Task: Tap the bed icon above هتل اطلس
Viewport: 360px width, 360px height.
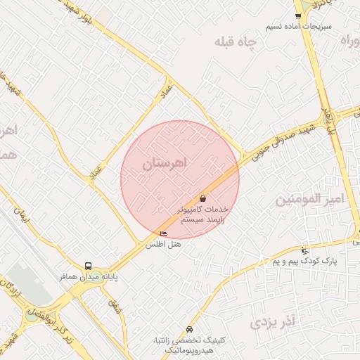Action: [164, 234]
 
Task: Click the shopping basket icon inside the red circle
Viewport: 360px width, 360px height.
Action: [202, 199]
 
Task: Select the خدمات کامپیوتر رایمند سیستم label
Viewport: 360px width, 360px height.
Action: [202, 214]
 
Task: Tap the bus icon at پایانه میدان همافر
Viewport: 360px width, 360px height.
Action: [88, 266]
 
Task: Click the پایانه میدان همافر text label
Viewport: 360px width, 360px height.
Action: [87, 277]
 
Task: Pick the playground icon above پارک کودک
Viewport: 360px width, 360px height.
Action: [304, 250]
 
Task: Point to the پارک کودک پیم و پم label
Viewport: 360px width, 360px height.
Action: [305, 261]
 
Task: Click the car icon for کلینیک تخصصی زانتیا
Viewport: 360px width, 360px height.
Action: [189, 329]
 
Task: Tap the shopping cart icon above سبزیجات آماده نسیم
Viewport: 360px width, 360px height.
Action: [298, 15]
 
